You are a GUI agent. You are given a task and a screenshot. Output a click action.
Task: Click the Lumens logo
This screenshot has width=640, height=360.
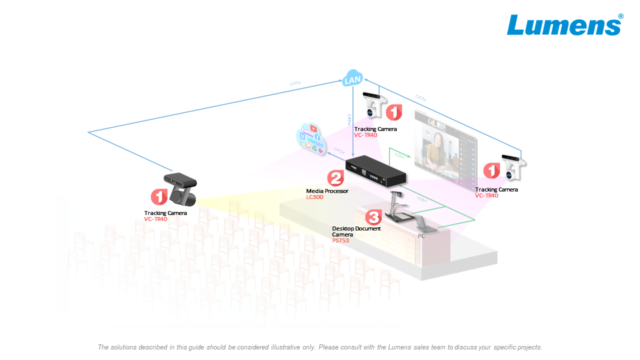(564, 25)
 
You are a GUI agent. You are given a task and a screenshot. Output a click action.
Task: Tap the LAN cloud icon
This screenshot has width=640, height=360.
(353, 79)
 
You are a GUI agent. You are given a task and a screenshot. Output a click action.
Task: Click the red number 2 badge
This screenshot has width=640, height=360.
(335, 178)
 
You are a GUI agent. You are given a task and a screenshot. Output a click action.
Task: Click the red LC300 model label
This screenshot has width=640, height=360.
(314, 197)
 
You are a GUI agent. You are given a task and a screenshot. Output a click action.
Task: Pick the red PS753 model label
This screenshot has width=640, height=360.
(340, 240)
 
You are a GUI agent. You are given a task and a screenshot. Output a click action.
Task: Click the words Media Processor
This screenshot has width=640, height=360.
(327, 191)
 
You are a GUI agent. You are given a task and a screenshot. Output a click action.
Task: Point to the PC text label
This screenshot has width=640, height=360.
(421, 236)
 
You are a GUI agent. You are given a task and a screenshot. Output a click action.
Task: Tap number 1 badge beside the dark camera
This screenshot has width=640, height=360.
(159, 197)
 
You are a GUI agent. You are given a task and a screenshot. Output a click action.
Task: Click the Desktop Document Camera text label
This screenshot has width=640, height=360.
(355, 231)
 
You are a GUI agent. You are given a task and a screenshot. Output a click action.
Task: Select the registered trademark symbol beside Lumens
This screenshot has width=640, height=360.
(621, 16)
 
